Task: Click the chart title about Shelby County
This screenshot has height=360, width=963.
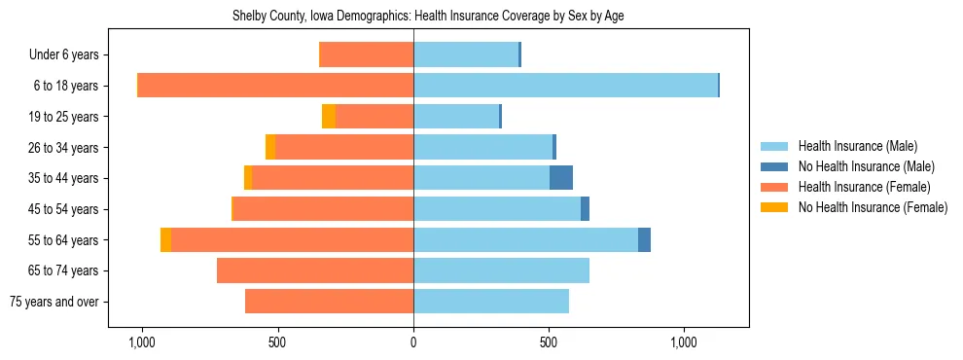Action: [x=433, y=17]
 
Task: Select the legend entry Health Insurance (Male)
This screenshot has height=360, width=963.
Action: [x=857, y=146]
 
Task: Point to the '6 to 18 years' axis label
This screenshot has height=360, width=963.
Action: [x=66, y=86]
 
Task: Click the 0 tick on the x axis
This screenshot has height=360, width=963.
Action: [x=413, y=342]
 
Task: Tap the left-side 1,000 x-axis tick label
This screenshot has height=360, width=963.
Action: [x=142, y=342]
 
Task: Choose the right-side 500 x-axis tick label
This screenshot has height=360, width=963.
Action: [x=549, y=342]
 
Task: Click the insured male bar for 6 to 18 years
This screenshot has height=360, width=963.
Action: [x=565, y=86]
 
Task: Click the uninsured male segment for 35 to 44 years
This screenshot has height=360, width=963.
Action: [x=561, y=178]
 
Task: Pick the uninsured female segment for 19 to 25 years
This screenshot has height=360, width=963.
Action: [x=329, y=117]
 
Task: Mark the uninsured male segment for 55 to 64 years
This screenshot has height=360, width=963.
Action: [x=644, y=240]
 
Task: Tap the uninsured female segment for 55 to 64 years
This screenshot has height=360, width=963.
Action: [x=165, y=240]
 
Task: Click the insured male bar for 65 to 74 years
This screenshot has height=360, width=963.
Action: [x=501, y=270]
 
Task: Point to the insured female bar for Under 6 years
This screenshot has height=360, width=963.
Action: [x=366, y=54]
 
